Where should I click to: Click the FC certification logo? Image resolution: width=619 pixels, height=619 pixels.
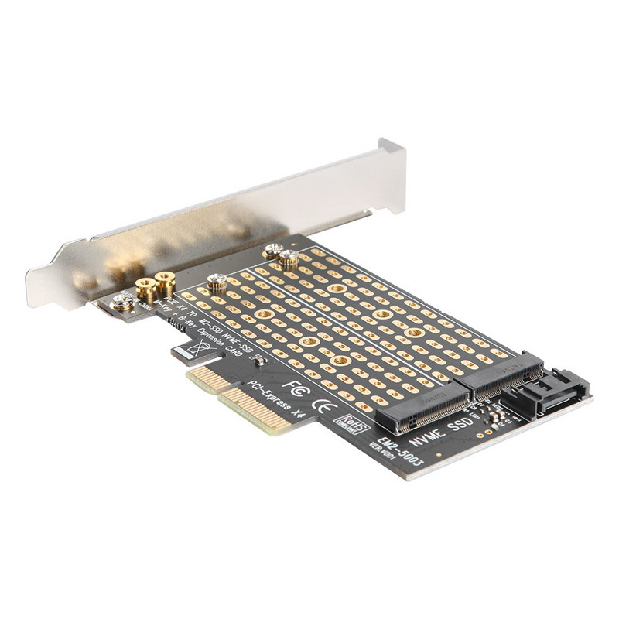(x=294, y=384)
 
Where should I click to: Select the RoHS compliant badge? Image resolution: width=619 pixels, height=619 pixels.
(x=346, y=423)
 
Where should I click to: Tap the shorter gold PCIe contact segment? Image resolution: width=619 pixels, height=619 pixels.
(x=203, y=378)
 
